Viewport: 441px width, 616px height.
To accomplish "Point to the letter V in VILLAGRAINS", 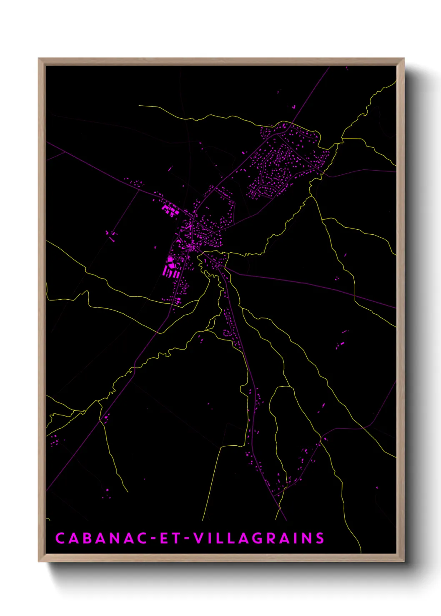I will pos(199,538).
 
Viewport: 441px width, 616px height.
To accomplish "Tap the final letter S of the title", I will pos(320,538).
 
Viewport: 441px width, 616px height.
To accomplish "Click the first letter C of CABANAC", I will pos(60,538).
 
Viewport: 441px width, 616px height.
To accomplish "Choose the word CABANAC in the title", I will pos(100,538).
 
